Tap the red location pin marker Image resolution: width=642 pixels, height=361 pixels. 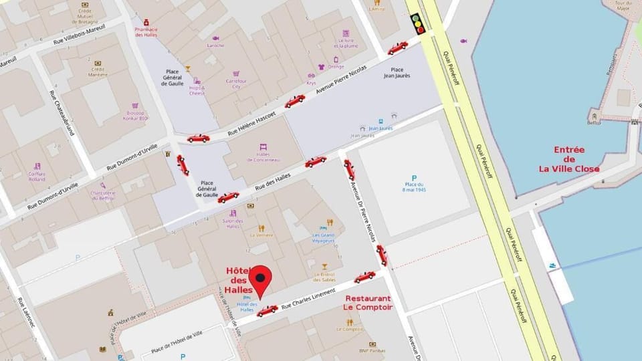[259, 279]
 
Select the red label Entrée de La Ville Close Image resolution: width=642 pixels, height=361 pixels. [569, 159]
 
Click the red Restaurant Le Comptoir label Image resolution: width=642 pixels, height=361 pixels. [368, 303]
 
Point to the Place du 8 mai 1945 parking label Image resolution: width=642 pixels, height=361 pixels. [415, 185]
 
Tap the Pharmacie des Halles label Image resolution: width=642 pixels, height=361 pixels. [145, 31]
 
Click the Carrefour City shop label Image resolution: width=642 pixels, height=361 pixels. [236, 83]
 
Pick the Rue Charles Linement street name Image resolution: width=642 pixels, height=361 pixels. [307, 299]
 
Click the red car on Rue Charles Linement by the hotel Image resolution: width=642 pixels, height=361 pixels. [267, 311]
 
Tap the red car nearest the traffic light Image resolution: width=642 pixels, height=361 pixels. [397, 48]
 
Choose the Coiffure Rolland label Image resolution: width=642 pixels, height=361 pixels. [37, 175]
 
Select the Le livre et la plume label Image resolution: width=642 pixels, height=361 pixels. [345, 42]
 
